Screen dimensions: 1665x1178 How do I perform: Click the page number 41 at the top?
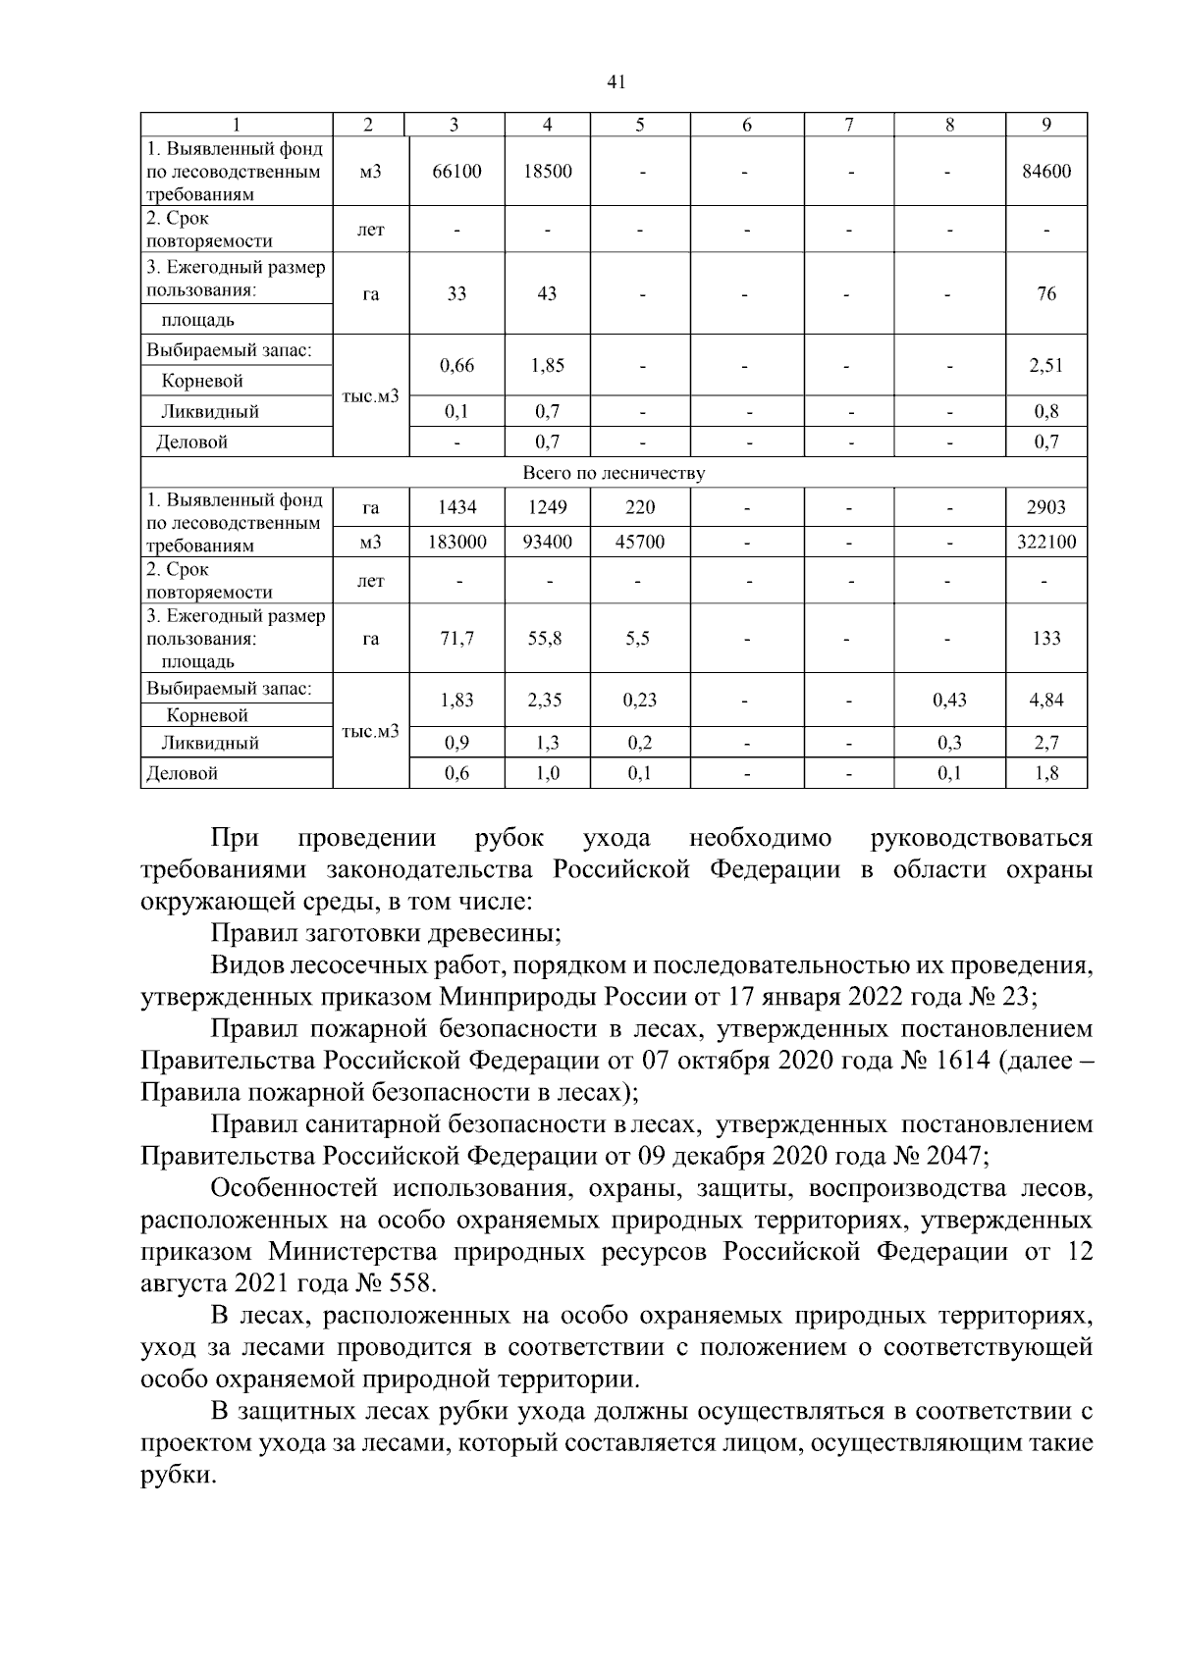pos(616,82)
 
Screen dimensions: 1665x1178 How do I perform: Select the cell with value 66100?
pos(456,171)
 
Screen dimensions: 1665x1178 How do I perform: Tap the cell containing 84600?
pos(1046,171)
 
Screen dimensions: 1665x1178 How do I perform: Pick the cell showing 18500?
pos(547,171)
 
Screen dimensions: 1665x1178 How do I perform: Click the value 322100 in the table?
pos(1046,542)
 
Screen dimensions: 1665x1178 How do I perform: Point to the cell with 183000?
pos(456,542)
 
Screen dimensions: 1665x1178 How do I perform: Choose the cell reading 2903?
pos(1046,507)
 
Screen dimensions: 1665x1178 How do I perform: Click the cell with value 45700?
pos(639,542)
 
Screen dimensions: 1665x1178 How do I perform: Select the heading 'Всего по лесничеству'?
pos(614,473)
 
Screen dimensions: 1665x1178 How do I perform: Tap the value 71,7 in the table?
pos(456,638)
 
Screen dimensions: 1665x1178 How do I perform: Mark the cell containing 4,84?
pos(1046,700)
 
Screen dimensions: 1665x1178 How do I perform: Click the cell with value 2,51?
pos(1046,365)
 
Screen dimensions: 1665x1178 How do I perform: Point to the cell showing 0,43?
pos(949,700)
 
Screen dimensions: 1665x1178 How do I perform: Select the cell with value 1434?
pos(456,507)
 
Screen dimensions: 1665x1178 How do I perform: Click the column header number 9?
pos(1046,125)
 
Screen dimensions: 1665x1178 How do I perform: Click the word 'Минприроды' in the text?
pos(517,997)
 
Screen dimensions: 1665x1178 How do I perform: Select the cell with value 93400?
pos(547,542)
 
